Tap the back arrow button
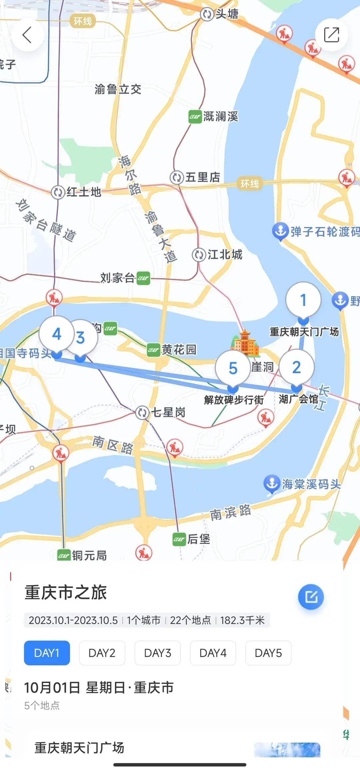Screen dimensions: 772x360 (27, 35)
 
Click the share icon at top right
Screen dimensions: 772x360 (331, 35)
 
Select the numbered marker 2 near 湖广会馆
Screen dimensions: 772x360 (296, 367)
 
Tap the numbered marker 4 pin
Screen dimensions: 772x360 (56, 334)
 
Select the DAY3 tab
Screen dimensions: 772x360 (157, 653)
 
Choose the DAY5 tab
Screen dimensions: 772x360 (268, 653)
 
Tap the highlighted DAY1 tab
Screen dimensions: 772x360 (47, 653)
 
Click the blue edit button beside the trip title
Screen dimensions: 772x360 (311, 597)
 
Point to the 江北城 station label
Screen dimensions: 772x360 (224, 255)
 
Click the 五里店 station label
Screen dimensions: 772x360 (202, 177)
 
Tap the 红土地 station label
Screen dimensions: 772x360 (83, 192)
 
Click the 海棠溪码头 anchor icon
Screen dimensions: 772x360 (272, 484)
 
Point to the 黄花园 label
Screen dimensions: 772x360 (179, 350)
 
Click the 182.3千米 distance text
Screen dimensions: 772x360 (242, 620)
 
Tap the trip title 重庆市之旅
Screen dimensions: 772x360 (66, 593)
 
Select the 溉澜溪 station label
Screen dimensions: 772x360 (220, 117)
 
